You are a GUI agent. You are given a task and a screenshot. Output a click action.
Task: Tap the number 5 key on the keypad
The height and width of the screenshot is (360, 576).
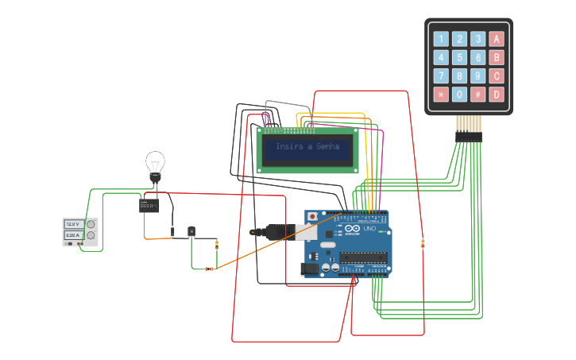[459, 57]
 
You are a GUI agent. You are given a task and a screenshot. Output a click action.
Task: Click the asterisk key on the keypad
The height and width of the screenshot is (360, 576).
[440, 95]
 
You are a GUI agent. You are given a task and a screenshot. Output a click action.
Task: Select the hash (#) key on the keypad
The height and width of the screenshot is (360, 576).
[477, 95]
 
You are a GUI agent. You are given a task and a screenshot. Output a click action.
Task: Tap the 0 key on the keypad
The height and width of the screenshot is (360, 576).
[459, 95]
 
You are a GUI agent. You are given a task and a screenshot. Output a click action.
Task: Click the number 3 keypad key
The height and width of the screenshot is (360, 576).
[477, 38]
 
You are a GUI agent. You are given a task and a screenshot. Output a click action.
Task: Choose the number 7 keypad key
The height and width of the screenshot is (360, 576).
[440, 76]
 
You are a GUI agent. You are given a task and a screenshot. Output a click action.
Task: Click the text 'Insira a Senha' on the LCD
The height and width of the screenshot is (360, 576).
[307, 147]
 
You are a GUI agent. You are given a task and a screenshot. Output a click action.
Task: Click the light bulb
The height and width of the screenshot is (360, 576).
[155, 165]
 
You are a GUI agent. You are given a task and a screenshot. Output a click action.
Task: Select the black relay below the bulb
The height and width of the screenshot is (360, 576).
[149, 206]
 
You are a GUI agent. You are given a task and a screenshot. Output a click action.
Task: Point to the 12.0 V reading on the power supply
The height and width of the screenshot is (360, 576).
[72, 225]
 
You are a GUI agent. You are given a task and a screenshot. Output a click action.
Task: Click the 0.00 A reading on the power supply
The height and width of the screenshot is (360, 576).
[72, 235]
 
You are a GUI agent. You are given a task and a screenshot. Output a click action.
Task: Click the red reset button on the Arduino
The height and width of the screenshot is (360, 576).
[313, 216]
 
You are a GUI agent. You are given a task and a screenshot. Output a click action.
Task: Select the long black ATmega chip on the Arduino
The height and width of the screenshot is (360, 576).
[363, 257]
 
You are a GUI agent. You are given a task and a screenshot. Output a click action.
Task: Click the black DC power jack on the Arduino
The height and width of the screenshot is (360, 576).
[310, 269]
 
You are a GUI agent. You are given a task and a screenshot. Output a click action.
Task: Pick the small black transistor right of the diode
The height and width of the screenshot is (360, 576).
[191, 231]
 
